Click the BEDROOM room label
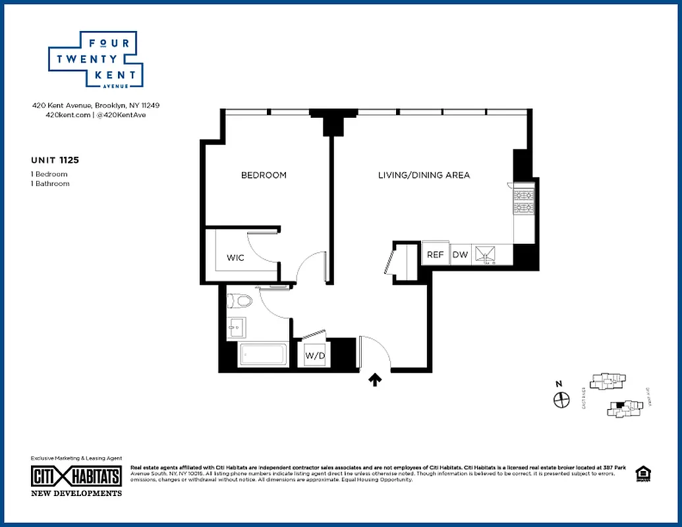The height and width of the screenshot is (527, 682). click(264, 175)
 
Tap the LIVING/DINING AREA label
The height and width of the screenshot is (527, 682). click(424, 175)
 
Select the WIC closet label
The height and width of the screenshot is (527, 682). click(235, 258)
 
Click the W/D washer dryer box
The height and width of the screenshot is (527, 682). click(314, 356)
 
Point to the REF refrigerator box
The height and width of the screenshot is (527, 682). click(435, 254)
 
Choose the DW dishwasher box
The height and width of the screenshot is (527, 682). click(459, 254)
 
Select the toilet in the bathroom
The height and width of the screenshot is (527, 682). click(239, 302)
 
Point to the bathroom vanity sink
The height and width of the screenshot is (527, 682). click(236, 327)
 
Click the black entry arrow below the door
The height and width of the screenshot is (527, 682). click(375, 379)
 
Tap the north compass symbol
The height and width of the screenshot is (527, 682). click(561, 399)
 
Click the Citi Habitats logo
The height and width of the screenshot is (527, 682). click(76, 476)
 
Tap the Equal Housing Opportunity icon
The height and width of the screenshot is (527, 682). click(641, 474)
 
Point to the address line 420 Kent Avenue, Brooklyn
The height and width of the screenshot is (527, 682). click(96, 105)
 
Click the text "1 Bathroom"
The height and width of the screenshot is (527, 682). click(50, 184)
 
